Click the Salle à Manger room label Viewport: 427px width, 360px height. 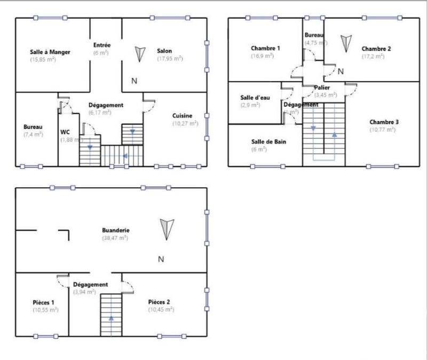click(51, 52)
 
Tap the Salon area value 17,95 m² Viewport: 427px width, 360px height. click(170, 59)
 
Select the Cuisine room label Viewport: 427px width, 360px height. click(182, 116)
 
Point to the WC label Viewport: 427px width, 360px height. click(65, 132)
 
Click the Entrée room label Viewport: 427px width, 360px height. click(101, 45)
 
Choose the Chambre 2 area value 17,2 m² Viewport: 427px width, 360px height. click(373, 56)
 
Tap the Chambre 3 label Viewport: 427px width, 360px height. click(384, 122)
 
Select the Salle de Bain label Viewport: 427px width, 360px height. click(266, 142)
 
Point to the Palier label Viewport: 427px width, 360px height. click(322, 87)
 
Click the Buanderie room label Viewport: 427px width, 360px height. click(116, 230)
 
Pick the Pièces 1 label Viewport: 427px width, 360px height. click(43, 302)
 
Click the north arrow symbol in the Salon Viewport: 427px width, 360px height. click(140, 54)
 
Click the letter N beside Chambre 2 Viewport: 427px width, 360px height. click(341, 71)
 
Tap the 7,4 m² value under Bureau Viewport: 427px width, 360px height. click(33, 134)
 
